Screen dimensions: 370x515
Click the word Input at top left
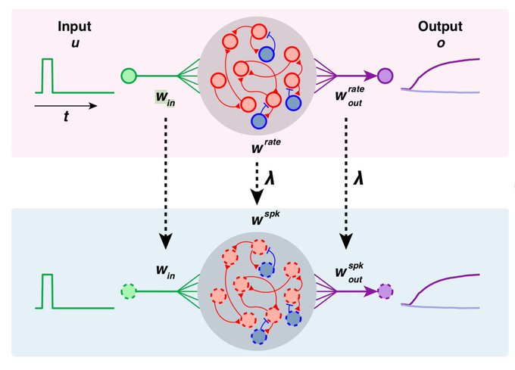[73, 26]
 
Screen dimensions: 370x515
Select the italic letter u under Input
[73, 42]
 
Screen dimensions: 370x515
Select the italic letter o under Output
[438, 42]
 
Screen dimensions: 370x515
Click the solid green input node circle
[129, 75]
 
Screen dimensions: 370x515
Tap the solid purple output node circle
[385, 75]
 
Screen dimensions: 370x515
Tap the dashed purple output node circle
[385, 291]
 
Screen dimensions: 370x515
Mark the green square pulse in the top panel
[48, 75]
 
